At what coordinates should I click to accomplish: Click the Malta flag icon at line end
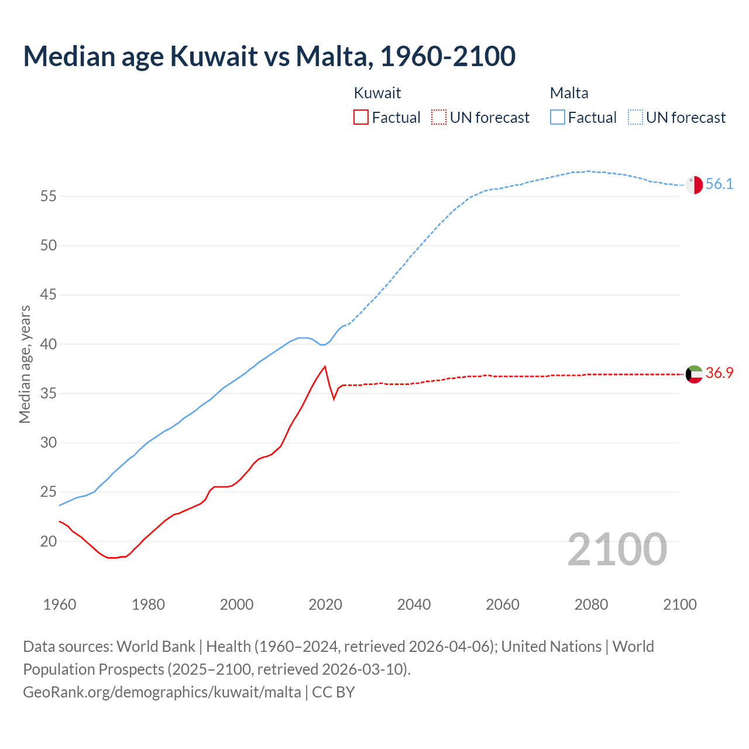pyautogui.click(x=694, y=184)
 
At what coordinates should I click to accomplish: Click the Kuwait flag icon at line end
pyautogui.click(x=694, y=374)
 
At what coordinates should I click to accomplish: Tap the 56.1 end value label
pyautogui.click(x=719, y=184)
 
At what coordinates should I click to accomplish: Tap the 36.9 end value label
pyautogui.click(x=719, y=373)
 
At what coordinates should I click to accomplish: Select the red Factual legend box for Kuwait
pyautogui.click(x=361, y=118)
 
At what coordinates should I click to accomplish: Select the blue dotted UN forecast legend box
pyautogui.click(x=635, y=118)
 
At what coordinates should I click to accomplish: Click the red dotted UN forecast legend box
pyautogui.click(x=439, y=118)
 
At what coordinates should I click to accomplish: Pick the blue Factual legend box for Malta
pyautogui.click(x=558, y=118)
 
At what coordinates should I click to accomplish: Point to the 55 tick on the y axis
pyautogui.click(x=49, y=197)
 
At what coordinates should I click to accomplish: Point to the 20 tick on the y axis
pyautogui.click(x=49, y=542)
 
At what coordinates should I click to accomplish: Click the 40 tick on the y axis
pyautogui.click(x=49, y=345)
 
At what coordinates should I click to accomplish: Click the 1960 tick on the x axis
pyautogui.click(x=60, y=604)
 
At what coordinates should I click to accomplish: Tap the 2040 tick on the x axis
pyautogui.click(x=414, y=604)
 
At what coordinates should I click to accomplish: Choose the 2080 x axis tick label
pyautogui.click(x=591, y=604)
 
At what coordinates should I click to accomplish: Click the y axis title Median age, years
pyautogui.click(x=25, y=364)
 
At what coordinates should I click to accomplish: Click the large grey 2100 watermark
pyautogui.click(x=617, y=549)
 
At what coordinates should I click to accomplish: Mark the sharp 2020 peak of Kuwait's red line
pyautogui.click(x=325, y=367)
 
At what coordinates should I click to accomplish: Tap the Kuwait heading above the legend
pyautogui.click(x=377, y=93)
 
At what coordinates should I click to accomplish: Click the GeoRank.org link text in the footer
pyautogui.click(x=162, y=692)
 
